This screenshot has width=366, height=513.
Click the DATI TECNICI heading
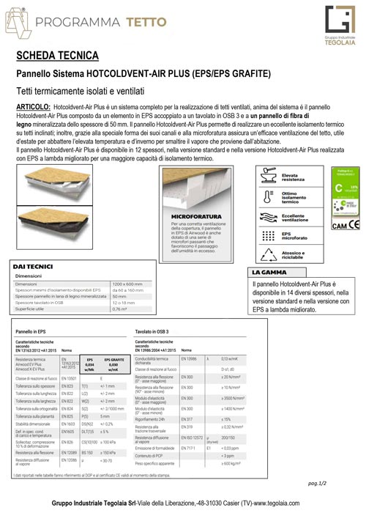[37, 265]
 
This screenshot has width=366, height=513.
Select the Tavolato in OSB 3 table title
[156, 332]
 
